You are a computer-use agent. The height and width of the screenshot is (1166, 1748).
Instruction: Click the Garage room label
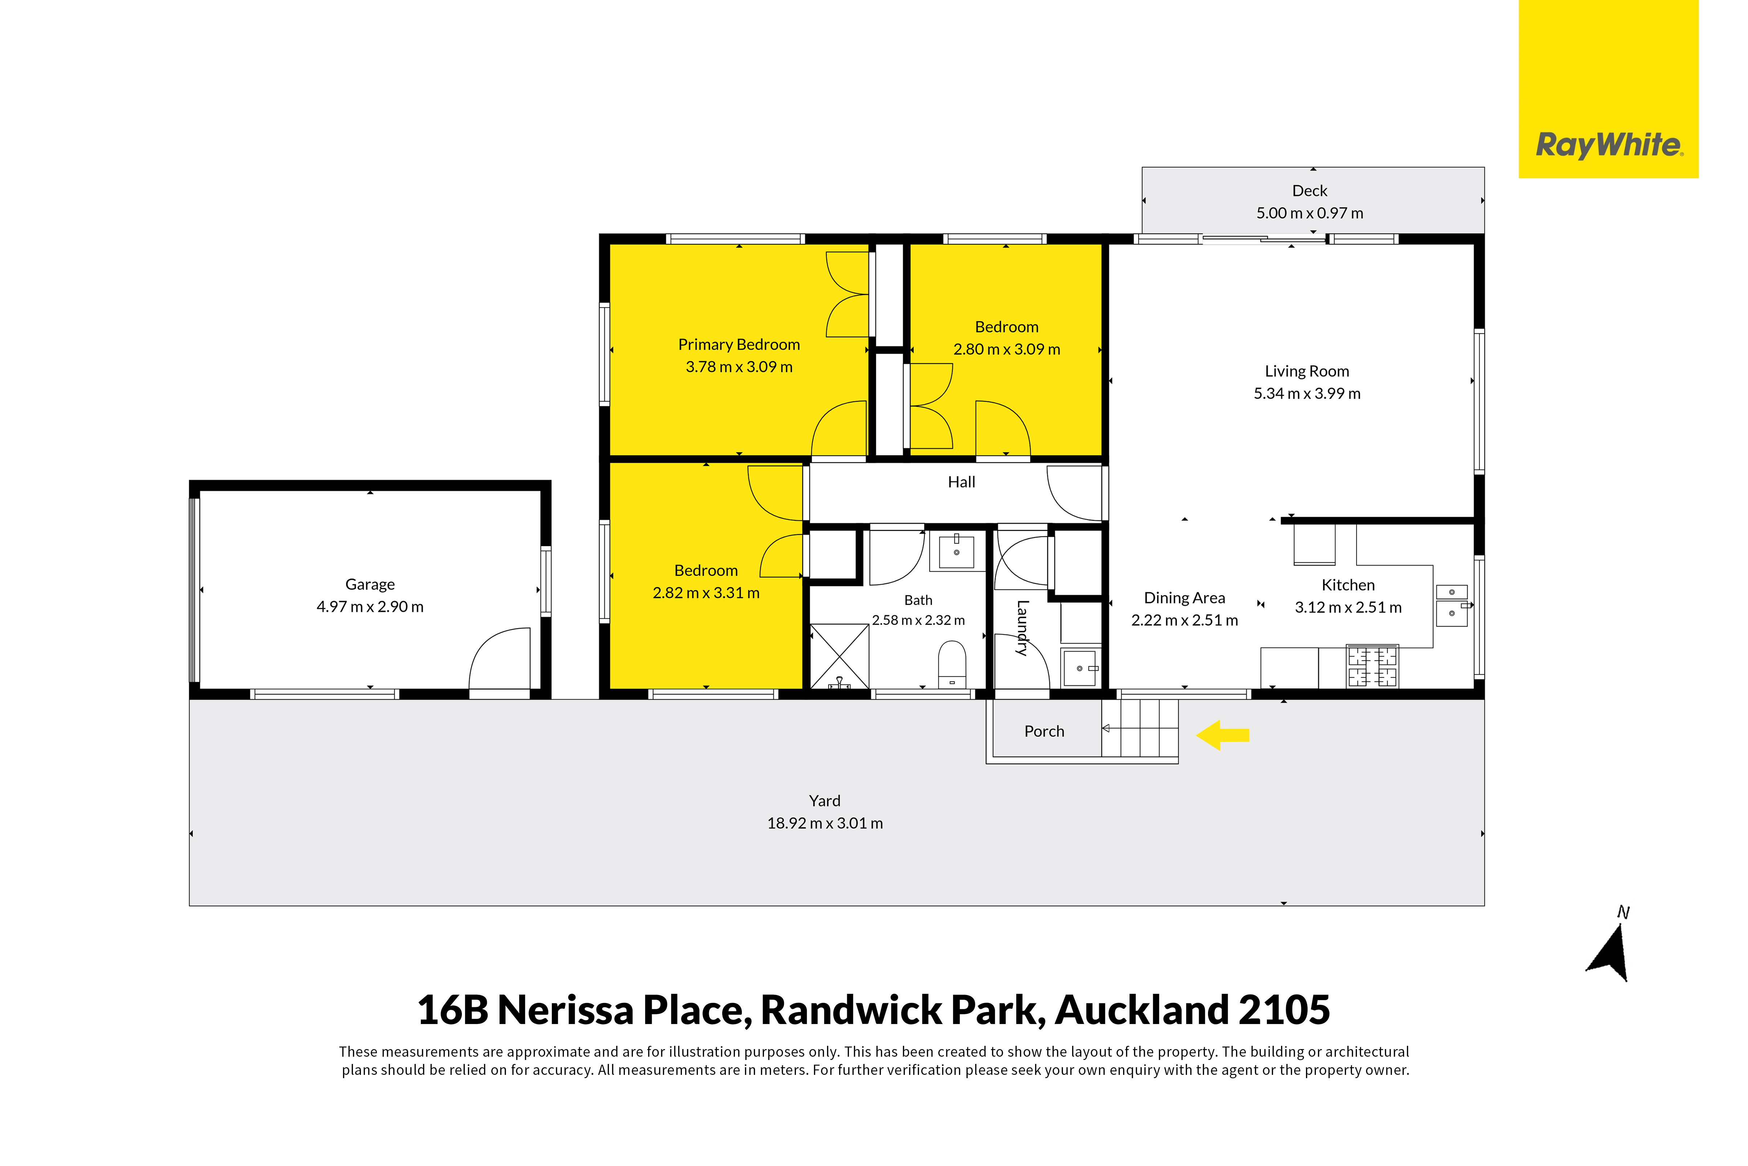tap(370, 585)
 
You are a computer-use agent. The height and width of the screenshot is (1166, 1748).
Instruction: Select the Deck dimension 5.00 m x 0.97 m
tap(1310, 214)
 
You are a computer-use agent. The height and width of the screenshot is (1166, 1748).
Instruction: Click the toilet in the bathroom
tap(952, 664)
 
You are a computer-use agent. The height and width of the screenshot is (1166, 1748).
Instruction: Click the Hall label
tap(962, 483)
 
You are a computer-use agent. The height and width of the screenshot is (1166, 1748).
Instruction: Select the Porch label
tap(1045, 732)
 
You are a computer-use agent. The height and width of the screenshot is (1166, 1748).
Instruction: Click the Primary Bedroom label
tap(739, 345)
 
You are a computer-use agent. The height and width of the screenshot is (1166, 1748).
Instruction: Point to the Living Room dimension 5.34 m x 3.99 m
tap(1307, 394)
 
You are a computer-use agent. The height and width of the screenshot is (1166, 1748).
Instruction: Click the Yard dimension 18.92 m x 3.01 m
tap(825, 823)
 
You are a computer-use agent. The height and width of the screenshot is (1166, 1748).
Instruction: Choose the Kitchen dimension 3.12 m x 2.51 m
tap(1348, 608)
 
